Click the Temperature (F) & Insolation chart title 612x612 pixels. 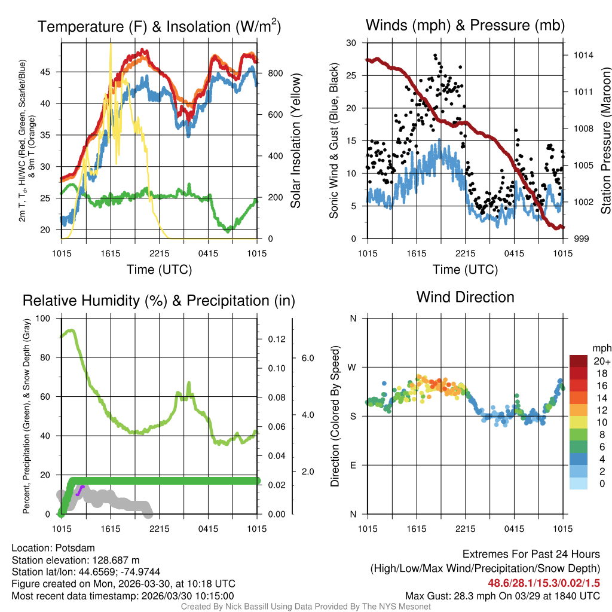click(159, 26)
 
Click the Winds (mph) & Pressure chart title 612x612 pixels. click(465, 25)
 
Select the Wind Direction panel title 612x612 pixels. click(465, 297)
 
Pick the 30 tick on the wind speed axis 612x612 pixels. click(351, 43)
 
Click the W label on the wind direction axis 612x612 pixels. click(353, 367)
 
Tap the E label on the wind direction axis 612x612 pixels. click(353, 465)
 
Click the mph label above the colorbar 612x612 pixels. click(601, 348)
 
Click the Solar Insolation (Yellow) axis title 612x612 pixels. click(295, 141)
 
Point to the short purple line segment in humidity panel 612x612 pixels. click(80, 490)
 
